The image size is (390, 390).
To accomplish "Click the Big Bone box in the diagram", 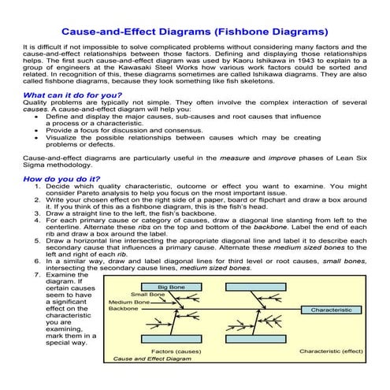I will coord(172,287).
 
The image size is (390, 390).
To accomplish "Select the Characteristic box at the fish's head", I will coord(331,310).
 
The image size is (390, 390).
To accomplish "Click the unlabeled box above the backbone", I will coord(254,287).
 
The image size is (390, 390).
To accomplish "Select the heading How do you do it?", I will coord(62,179).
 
